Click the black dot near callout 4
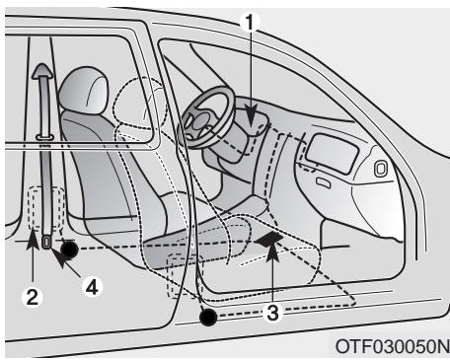(x=69, y=250)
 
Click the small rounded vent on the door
(x=380, y=168)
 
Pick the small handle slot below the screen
(x=324, y=181)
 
